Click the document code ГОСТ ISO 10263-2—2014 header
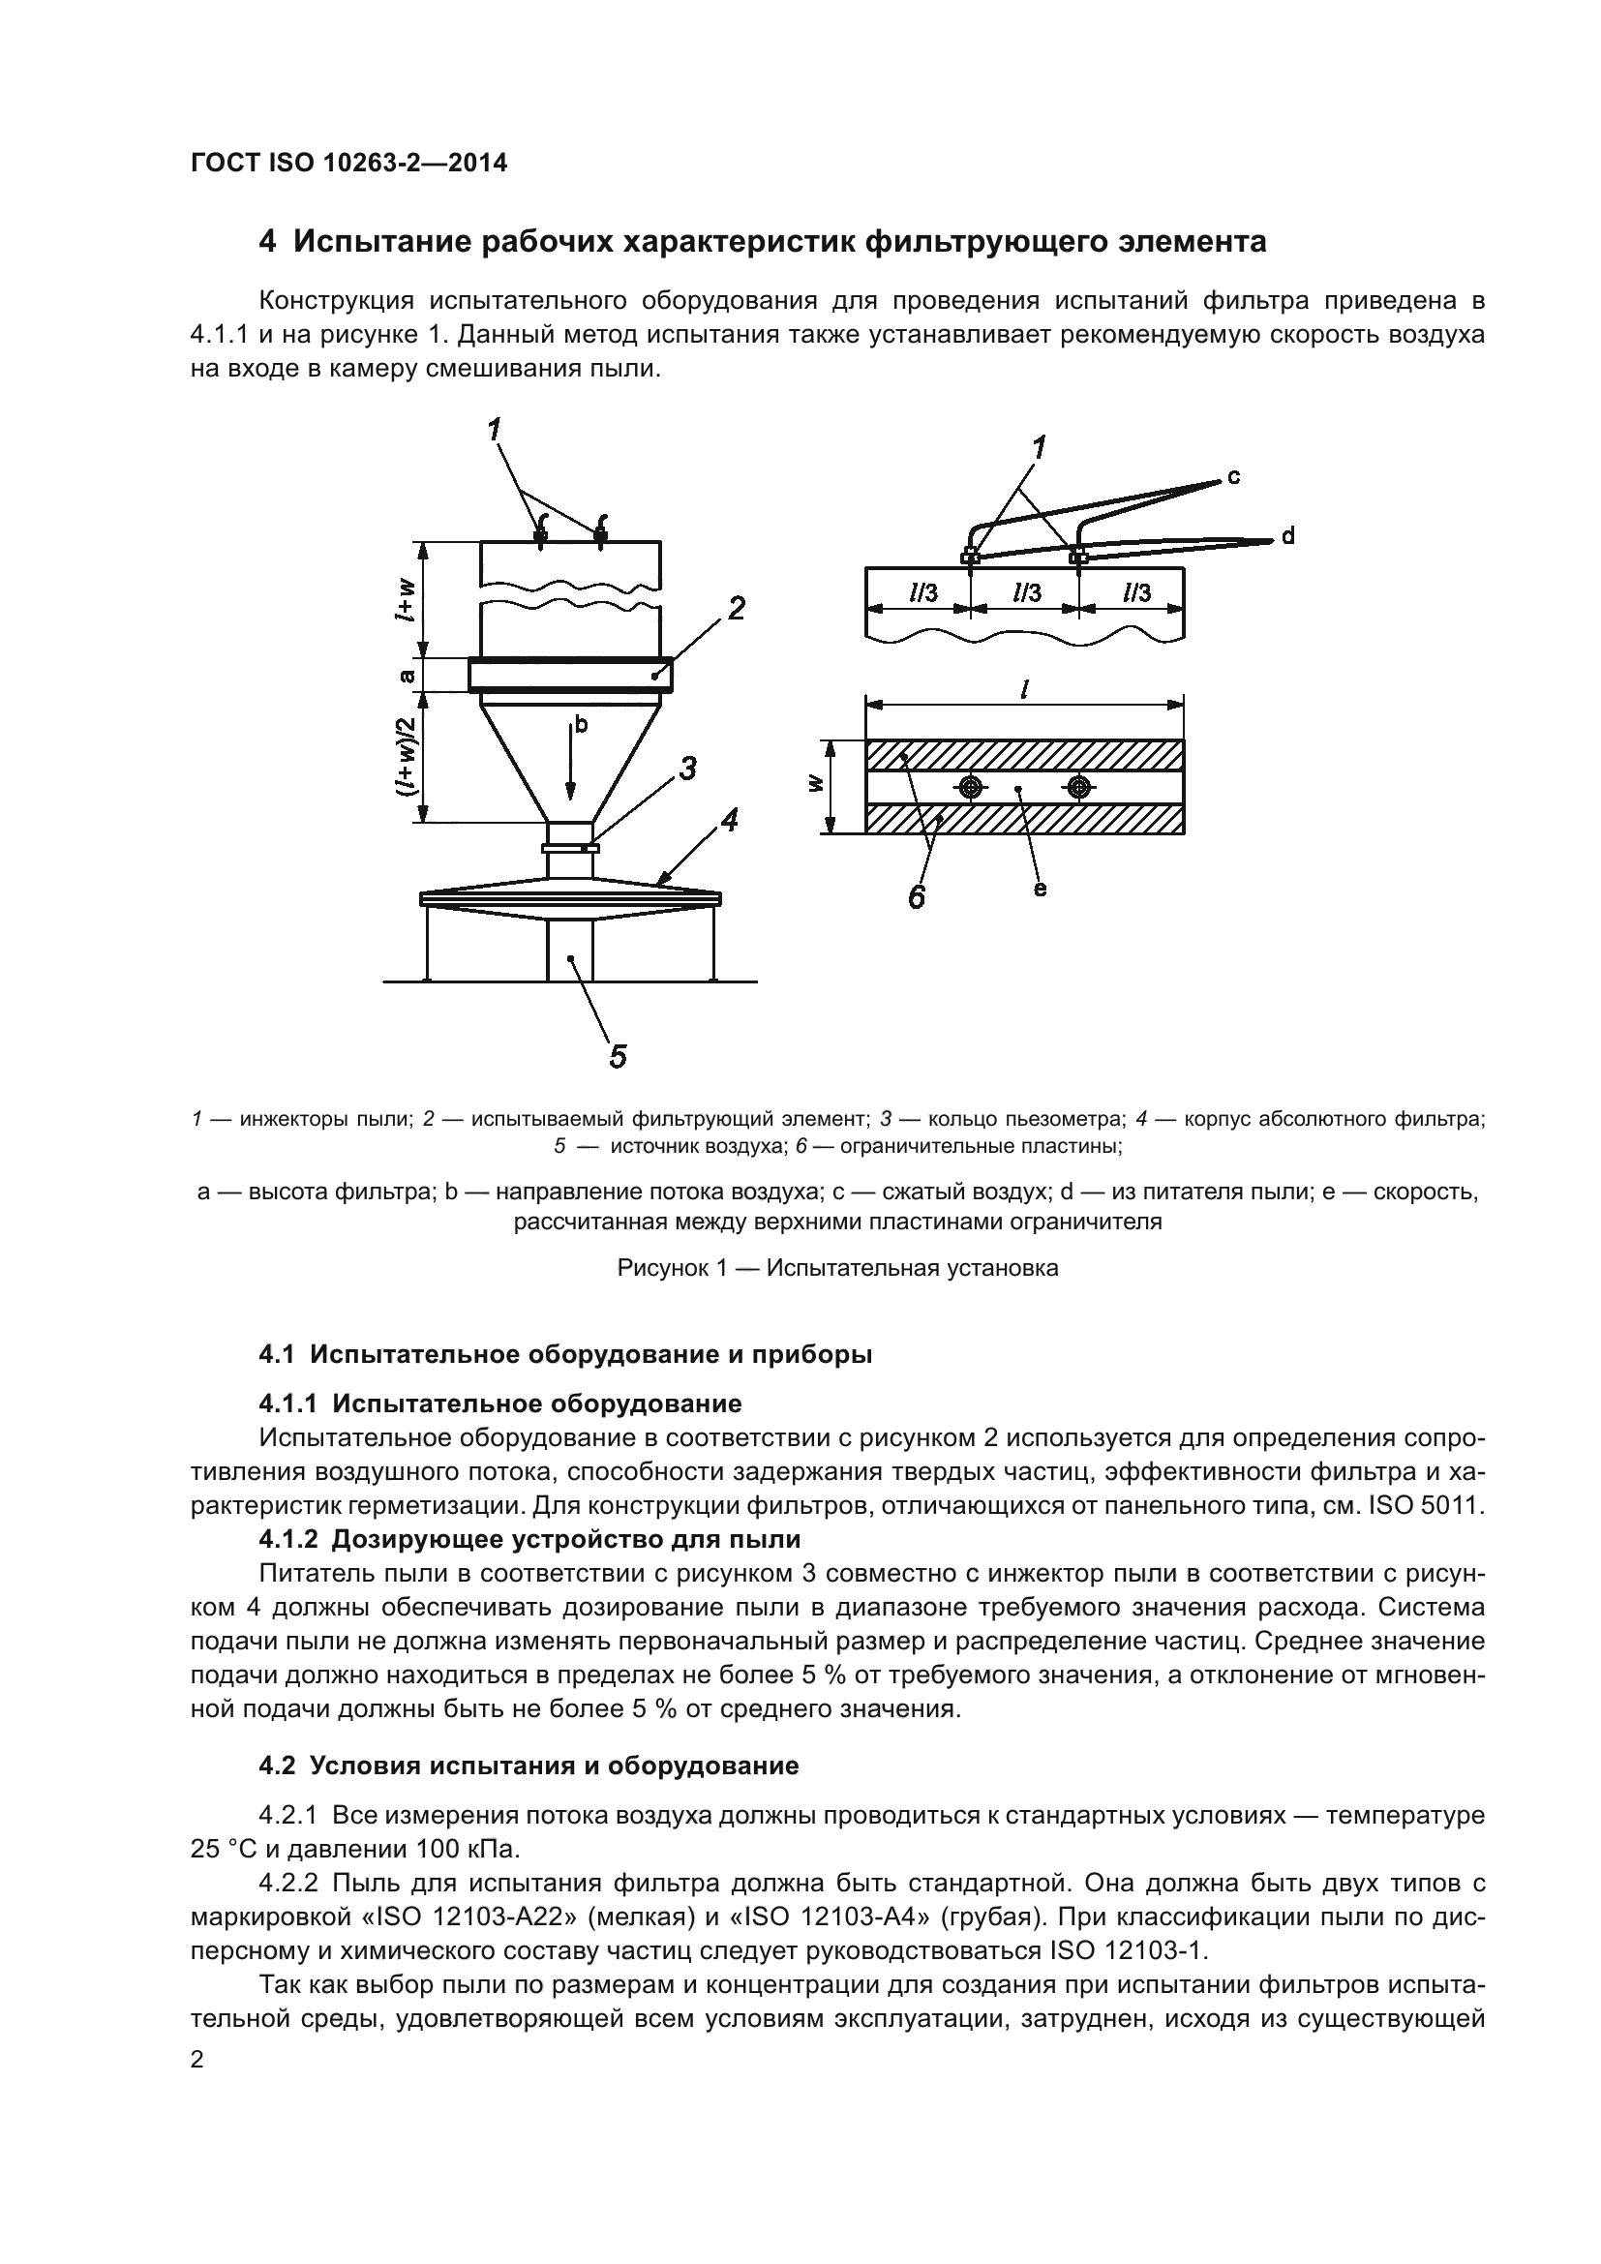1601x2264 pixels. point(349,164)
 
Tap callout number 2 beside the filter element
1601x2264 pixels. point(736,609)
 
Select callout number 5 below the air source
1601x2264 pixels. point(618,1056)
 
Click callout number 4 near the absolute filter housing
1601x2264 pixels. point(730,820)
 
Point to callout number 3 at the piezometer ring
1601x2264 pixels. point(687,769)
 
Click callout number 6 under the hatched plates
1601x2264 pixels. point(916,897)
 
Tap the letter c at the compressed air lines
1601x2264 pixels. point(1233,477)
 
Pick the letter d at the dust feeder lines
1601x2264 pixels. point(1287,536)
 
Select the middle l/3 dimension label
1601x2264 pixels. point(1026,592)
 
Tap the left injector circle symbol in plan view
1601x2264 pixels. point(971,787)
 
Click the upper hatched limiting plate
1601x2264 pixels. point(1025,754)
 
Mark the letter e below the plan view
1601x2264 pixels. point(1039,889)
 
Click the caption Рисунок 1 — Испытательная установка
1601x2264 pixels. point(837,1268)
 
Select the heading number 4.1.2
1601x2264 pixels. point(287,1539)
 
